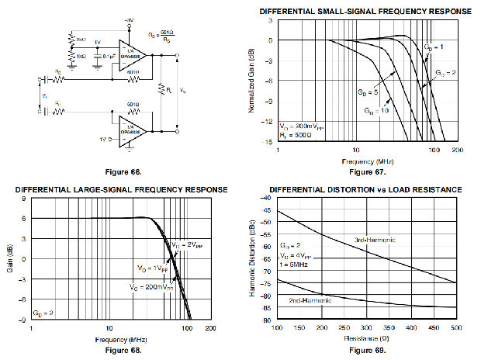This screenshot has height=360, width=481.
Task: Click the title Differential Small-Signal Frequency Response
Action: pyautogui.click(x=365, y=11)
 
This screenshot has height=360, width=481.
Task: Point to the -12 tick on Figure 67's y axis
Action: pyautogui.click(x=269, y=122)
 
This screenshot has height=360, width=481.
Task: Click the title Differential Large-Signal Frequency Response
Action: pyautogui.click(x=121, y=190)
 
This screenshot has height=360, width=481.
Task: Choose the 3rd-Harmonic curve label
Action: pyautogui.click(x=375, y=241)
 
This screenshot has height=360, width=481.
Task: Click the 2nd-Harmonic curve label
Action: pyautogui.click(x=309, y=299)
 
